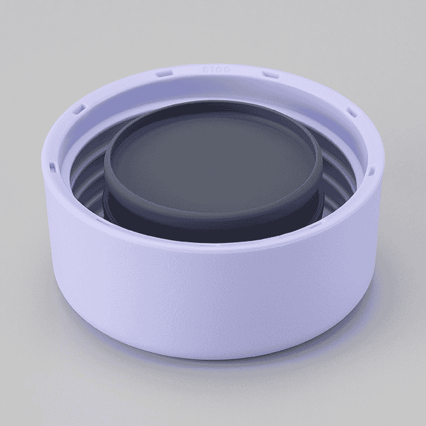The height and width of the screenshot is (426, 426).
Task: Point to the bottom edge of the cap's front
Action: click(213, 356)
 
